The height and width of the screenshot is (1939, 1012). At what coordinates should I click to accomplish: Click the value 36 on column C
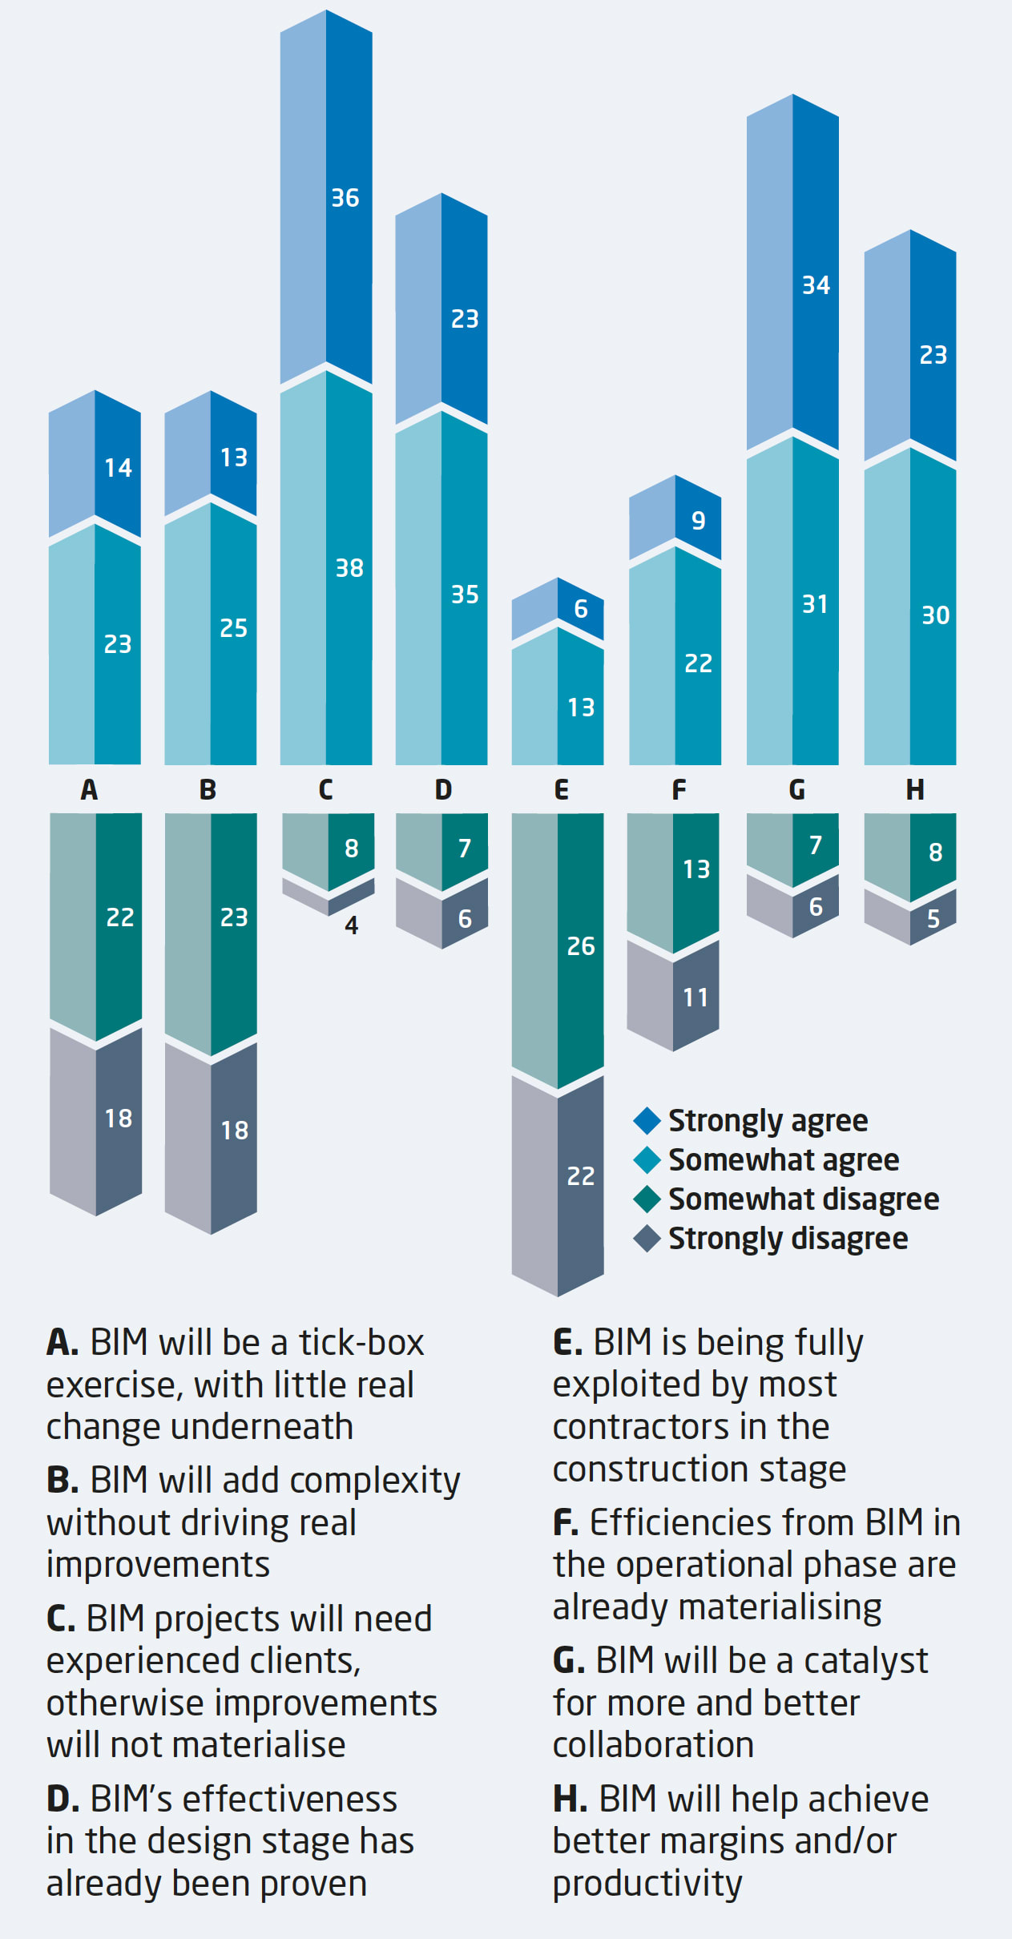pyautogui.click(x=345, y=198)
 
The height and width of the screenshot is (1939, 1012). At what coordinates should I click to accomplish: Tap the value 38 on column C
pyautogui.click(x=349, y=568)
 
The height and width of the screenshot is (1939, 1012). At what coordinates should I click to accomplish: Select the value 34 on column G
pyautogui.click(x=816, y=285)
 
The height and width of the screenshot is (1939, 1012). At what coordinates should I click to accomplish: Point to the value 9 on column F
pyautogui.click(x=699, y=521)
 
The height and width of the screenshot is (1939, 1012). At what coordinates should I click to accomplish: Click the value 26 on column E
pyautogui.click(x=581, y=946)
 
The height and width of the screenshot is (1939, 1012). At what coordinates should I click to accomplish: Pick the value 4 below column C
pyautogui.click(x=351, y=925)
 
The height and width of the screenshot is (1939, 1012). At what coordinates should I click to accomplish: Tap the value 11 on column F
pyautogui.click(x=695, y=998)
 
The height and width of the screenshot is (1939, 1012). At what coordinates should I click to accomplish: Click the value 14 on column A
pyautogui.click(x=118, y=468)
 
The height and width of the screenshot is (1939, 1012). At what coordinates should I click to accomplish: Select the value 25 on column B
pyautogui.click(x=233, y=628)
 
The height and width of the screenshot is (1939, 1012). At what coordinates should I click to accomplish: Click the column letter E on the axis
pyautogui.click(x=561, y=790)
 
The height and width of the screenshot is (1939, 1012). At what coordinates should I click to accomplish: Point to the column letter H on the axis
pyautogui.click(x=914, y=790)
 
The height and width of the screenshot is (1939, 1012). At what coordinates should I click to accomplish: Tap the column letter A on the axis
pyautogui.click(x=89, y=790)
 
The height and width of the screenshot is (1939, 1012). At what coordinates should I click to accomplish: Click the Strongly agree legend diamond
pyautogui.click(x=647, y=1121)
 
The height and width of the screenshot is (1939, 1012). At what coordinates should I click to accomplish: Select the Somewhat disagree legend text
pyautogui.click(x=804, y=1199)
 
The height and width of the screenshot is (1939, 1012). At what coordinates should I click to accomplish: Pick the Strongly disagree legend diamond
pyautogui.click(x=647, y=1239)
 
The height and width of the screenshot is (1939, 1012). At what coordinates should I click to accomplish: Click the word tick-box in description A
pyautogui.click(x=361, y=1343)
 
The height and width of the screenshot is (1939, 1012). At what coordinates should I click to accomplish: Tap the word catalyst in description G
pyautogui.click(x=865, y=1661)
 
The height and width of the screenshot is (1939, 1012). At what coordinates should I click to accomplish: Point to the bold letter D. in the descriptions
pyautogui.click(x=62, y=1800)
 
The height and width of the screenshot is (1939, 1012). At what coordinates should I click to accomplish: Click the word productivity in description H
pyautogui.click(x=647, y=1884)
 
